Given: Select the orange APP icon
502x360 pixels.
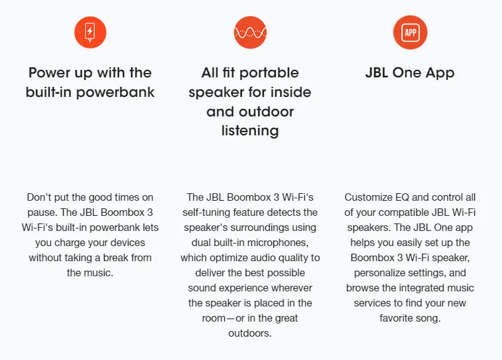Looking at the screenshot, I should (410, 31).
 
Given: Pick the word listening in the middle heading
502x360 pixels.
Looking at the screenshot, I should (250, 130).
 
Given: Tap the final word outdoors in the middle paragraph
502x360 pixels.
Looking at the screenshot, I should (250, 333).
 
